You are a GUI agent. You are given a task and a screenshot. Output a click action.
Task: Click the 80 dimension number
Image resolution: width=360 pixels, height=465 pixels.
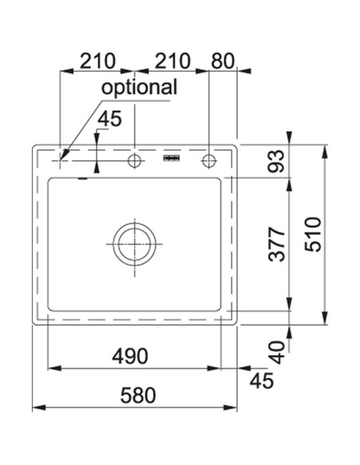[x=223, y=61]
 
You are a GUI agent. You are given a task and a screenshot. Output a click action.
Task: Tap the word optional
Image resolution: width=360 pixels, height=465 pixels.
[x=139, y=87]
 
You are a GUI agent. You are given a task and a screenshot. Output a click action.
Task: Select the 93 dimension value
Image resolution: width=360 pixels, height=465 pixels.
[x=276, y=161]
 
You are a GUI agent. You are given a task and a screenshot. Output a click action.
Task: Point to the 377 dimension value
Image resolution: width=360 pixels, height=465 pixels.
[x=276, y=244]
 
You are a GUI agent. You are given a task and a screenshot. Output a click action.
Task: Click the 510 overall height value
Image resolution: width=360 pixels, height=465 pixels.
[x=313, y=235]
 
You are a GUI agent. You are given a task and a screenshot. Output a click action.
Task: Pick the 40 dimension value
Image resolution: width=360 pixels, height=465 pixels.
[x=277, y=352]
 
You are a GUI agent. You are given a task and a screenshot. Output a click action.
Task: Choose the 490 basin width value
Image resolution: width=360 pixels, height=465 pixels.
[x=130, y=356]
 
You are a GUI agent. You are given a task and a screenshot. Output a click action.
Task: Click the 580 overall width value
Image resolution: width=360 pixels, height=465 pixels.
[x=138, y=396]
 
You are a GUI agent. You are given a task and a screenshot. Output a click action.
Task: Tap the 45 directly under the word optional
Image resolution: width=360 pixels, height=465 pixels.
[x=110, y=119]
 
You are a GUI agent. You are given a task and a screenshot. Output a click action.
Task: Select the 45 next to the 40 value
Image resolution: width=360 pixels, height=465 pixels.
[x=261, y=381]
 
